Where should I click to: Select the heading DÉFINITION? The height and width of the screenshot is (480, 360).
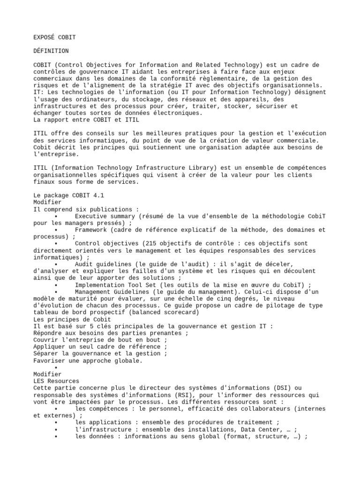(x=51, y=51)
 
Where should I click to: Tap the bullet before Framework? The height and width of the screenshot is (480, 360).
(x=56, y=230)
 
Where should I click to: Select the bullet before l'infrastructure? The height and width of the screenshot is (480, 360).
(x=56, y=429)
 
